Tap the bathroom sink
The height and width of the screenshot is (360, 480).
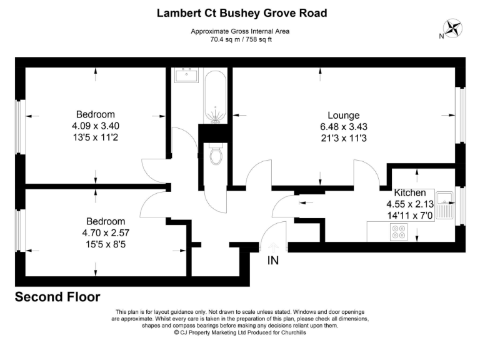tap(187, 76)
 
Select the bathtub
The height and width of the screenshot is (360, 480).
tap(216, 97)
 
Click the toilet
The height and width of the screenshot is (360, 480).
tap(217, 154)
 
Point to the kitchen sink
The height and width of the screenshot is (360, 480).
tap(446, 206)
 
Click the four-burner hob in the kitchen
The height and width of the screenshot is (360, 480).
tap(397, 232)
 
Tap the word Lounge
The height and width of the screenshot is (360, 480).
tap(343, 116)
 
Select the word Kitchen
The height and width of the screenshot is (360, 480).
tap(409, 193)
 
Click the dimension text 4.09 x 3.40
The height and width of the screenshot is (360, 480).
tap(95, 125)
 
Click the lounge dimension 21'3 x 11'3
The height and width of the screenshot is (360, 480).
tap(343, 137)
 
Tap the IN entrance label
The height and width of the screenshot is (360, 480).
tap(273, 261)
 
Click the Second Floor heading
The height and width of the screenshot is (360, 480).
tap(57, 297)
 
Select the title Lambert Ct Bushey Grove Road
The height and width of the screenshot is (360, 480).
tap(241, 13)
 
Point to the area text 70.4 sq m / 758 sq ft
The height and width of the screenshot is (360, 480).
tap(241, 39)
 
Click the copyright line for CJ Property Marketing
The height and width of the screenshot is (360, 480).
tap(240, 332)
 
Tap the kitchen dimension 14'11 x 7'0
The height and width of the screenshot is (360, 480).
tap(409, 215)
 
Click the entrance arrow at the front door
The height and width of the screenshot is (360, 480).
tap(273, 246)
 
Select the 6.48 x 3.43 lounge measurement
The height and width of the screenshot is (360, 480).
tap(343, 126)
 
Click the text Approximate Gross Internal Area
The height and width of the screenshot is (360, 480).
tap(241, 31)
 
